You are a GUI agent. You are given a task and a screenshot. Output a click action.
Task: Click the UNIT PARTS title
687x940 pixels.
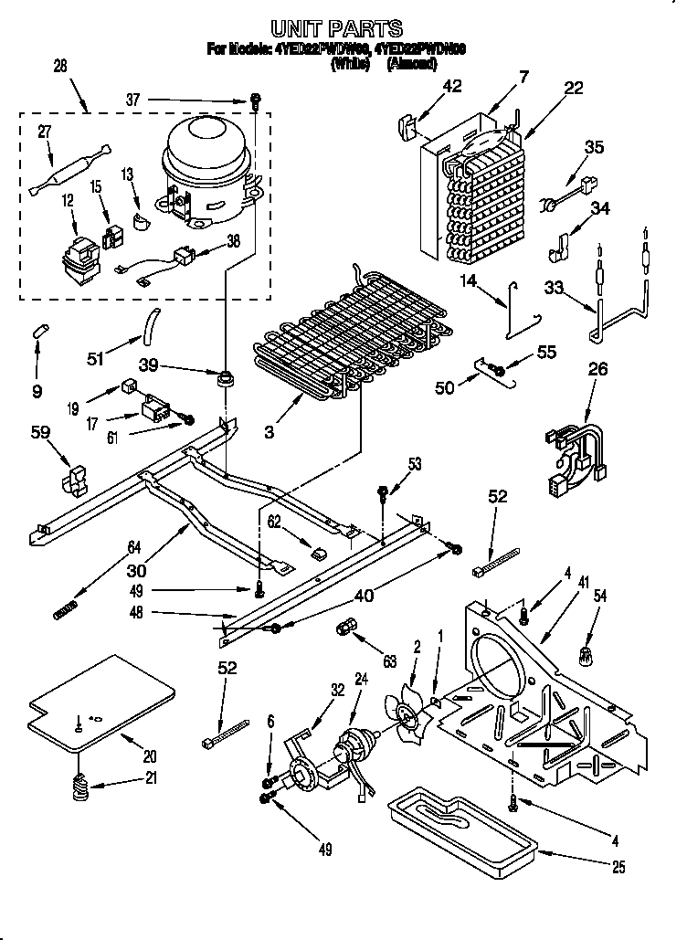(x=337, y=29)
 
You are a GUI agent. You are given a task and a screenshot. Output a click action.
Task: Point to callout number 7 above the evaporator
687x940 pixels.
(x=523, y=78)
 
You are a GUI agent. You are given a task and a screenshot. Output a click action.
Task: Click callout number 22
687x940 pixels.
(x=573, y=88)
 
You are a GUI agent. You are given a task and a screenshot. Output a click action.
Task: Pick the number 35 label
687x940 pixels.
(x=595, y=147)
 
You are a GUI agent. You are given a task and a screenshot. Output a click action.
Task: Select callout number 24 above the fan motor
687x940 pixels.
(x=361, y=679)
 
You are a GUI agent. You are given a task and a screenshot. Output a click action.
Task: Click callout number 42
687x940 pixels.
(x=451, y=88)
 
